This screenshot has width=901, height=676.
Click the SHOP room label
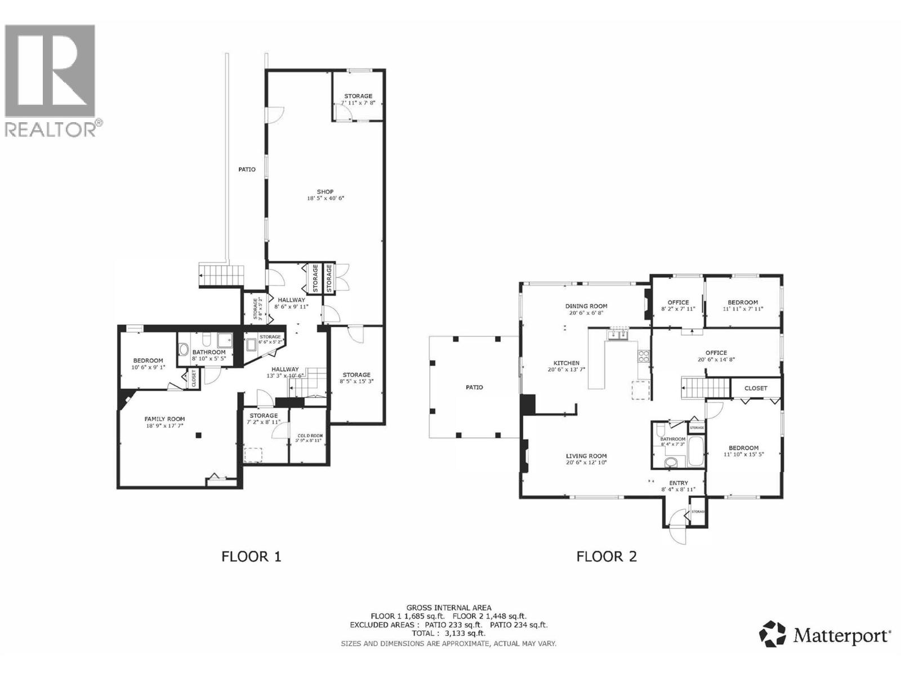click(325, 192)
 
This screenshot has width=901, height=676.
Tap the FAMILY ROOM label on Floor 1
click(164, 419)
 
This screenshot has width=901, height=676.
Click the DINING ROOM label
click(586, 306)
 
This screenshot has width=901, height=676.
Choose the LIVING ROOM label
click(586, 456)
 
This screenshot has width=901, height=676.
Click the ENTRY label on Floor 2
click(678, 483)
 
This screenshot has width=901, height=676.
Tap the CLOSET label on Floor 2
click(756, 388)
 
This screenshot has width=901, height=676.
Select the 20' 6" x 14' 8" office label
click(716, 353)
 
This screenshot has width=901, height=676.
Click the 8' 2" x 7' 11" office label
click(678, 303)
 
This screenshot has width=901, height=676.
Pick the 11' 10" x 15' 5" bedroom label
click(744, 448)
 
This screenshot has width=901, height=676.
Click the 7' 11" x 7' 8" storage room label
click(358, 96)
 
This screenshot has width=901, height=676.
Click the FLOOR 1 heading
click(251, 557)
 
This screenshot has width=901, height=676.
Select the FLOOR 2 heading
click(606, 557)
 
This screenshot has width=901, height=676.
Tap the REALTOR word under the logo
click(51, 129)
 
